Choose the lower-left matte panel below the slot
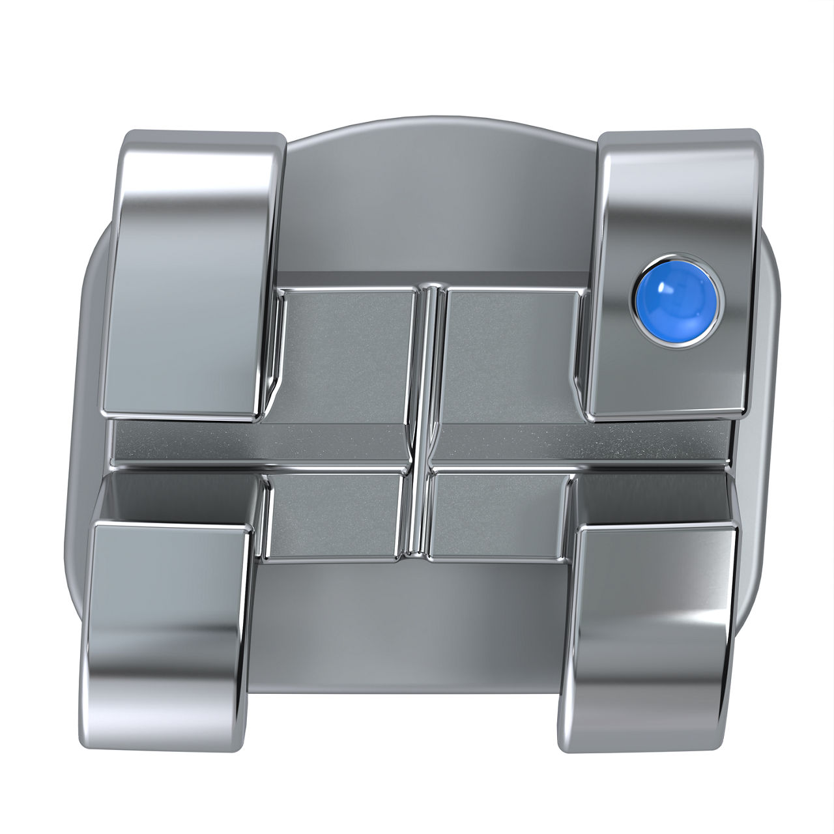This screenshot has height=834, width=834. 336,515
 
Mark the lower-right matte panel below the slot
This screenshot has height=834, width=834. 498,515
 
